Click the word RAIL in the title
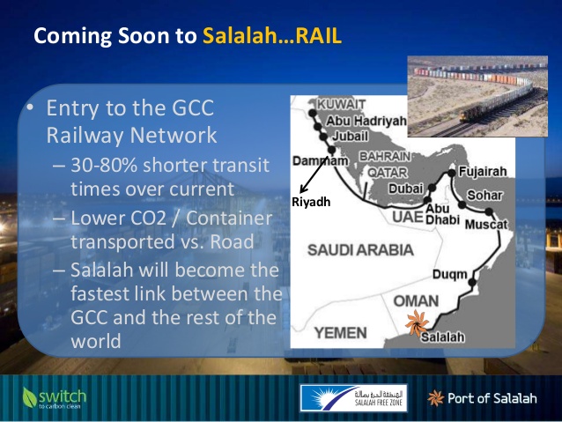pyautogui.click(x=318, y=36)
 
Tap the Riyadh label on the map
pyautogui.click(x=311, y=203)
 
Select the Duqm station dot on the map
pyautogui.click(x=472, y=282)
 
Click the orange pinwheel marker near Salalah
pyautogui.click(x=417, y=322)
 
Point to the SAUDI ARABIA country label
pyautogui.click(x=360, y=250)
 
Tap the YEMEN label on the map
pyautogui.click(x=341, y=333)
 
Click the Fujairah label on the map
pyautogui.click(x=483, y=172)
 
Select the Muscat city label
pyautogui.click(x=486, y=225)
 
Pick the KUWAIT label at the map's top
pyautogui.click(x=341, y=104)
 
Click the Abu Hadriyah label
pyautogui.click(x=366, y=121)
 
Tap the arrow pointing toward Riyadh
pyautogui.click(x=314, y=174)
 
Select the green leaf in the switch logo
pyautogui.click(x=29, y=397)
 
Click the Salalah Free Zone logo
pyautogui.click(x=353, y=398)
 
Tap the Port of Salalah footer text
pyautogui.click(x=492, y=398)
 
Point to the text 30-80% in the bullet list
pyautogui.click(x=104, y=166)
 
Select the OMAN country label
pyautogui.click(x=416, y=301)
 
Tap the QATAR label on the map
pyautogui.click(x=388, y=173)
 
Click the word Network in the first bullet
pyautogui.click(x=174, y=135)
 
